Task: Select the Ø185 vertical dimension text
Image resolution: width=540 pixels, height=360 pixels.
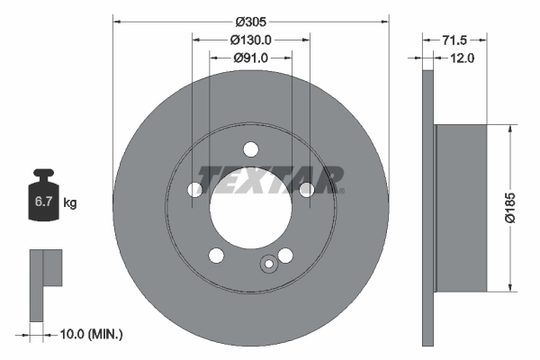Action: pyautogui.click(x=509, y=207)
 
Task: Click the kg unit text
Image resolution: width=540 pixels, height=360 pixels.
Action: pyautogui.click(x=69, y=203)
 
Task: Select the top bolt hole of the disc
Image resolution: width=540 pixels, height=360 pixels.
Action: pyautogui.click(x=251, y=150)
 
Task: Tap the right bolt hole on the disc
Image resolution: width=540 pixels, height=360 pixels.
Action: pyautogui.click(x=307, y=190)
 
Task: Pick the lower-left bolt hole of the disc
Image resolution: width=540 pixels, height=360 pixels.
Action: pyautogui.click(x=216, y=256)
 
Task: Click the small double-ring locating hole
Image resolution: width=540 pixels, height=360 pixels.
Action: pyautogui.click(x=268, y=265)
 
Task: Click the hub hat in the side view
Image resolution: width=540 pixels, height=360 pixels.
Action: pyautogui.click(x=461, y=207)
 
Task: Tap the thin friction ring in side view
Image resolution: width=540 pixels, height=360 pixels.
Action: pyautogui.click(x=428, y=207)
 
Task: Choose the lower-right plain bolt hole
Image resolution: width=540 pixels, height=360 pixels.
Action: pyautogui.click(x=285, y=256)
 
